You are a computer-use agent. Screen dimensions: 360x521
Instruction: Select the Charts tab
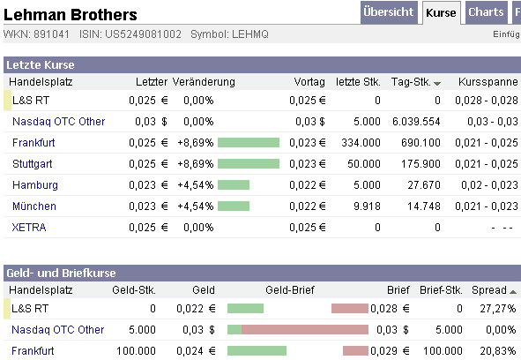click(x=486, y=12)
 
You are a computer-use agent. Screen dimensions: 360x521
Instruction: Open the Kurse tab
click(x=441, y=13)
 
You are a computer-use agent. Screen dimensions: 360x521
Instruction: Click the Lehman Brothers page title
click(x=71, y=15)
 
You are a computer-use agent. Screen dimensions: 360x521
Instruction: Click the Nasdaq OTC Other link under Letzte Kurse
click(x=58, y=121)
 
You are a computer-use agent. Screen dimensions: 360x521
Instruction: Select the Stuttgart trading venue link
click(x=33, y=163)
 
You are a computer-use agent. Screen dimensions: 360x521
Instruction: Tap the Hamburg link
click(x=35, y=184)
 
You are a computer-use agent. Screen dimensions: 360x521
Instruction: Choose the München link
click(x=34, y=206)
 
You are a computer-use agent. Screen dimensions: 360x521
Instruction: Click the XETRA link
click(x=29, y=227)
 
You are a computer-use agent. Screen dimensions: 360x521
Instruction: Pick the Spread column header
click(x=489, y=290)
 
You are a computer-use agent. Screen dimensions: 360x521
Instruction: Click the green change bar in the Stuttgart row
click(x=249, y=163)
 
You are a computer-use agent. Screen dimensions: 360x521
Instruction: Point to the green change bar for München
click(x=234, y=206)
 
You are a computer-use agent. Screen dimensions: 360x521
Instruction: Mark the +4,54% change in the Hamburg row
click(x=195, y=184)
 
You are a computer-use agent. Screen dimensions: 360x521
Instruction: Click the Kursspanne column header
click(x=485, y=81)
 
